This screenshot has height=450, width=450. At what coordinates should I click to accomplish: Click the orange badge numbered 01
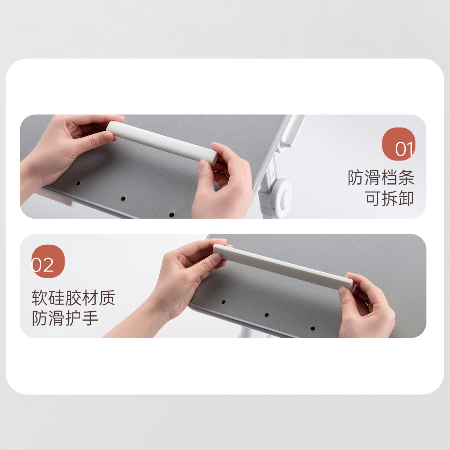tap(398, 144)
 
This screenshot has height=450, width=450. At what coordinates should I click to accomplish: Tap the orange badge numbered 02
tap(48, 261)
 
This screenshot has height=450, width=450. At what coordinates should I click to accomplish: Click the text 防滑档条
tap(381, 178)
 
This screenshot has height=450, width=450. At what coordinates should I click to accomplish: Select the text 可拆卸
tap(389, 198)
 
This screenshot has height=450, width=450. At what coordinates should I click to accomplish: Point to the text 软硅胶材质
tap(73, 298)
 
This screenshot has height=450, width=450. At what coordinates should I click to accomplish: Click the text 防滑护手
tap(65, 318)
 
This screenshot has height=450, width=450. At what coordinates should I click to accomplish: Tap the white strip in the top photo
tap(162, 143)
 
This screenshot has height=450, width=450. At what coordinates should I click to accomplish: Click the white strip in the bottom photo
tap(284, 267)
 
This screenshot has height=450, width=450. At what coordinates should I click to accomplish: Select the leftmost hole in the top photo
tap(78, 183)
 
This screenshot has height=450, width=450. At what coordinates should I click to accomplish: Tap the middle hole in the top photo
tap(123, 199)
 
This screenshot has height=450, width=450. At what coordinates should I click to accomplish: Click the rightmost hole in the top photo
tap(172, 214)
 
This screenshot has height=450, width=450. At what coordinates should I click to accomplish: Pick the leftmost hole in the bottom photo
tap(223, 302)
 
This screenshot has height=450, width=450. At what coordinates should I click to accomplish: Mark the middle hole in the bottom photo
tap(267, 315)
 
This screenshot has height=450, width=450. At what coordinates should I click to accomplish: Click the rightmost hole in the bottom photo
tap(313, 328)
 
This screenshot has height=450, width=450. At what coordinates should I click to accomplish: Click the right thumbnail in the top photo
tap(203, 165)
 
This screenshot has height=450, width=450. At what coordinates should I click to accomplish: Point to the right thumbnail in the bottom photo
tap(343, 292)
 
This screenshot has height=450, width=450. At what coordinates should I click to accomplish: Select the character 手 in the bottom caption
tap(90, 318)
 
